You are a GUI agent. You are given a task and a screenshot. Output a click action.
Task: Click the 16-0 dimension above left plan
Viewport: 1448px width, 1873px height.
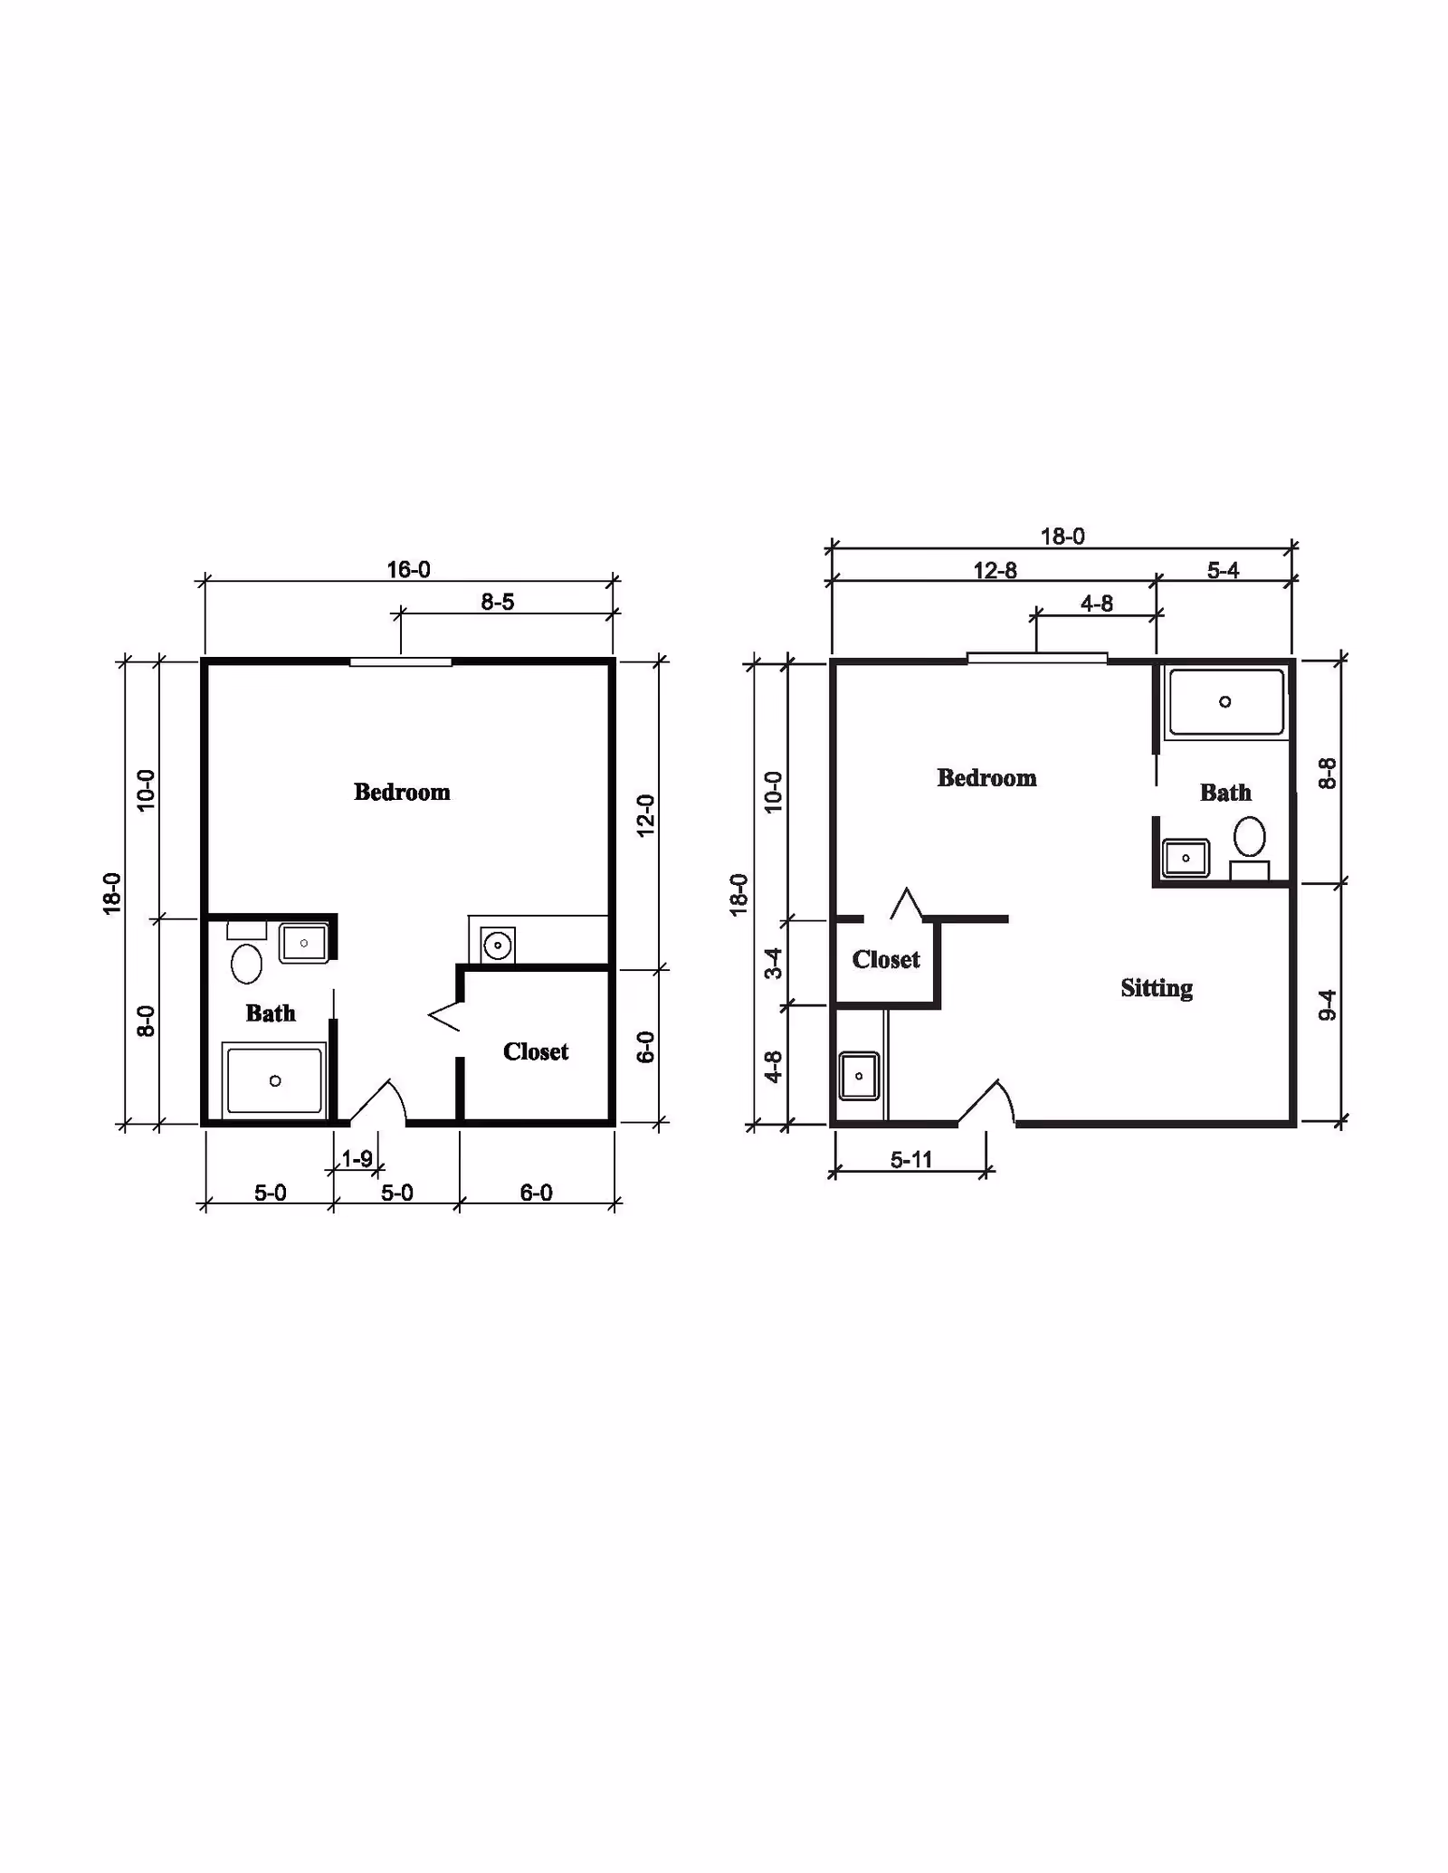point(408,569)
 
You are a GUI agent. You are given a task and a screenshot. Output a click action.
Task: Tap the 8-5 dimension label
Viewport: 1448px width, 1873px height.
point(497,602)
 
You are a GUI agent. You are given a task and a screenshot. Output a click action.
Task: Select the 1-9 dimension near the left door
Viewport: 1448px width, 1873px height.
point(357,1158)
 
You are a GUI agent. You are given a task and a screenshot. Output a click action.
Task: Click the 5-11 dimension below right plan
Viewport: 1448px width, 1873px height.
point(910,1159)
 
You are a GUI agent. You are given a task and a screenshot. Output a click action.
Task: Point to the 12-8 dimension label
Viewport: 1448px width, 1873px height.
point(995,570)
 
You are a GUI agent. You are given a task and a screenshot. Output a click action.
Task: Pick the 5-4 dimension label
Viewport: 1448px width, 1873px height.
point(1223,570)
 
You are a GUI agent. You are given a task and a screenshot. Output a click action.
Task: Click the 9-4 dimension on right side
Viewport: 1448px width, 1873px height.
point(1327,1004)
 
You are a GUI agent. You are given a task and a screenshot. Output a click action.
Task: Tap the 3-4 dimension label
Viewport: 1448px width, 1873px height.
point(773,963)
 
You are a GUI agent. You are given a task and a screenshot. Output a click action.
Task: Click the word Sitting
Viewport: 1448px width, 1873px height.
point(1156,987)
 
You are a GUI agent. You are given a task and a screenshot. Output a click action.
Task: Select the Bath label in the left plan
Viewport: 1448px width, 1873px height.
point(271,1013)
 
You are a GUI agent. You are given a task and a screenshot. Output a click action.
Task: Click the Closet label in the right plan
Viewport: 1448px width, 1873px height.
point(885,959)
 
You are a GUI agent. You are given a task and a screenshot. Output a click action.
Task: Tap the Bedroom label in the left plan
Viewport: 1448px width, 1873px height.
point(402,792)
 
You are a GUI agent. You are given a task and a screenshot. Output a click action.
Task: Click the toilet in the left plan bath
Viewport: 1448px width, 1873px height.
point(246,962)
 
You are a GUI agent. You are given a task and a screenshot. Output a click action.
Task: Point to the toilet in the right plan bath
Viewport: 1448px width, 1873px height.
point(1250,837)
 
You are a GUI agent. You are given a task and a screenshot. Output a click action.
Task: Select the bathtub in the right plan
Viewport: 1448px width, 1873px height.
point(1225,702)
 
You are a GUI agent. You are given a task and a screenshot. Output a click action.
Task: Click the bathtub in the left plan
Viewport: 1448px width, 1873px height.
point(274,1080)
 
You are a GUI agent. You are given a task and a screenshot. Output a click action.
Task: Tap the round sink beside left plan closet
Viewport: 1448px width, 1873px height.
point(497,946)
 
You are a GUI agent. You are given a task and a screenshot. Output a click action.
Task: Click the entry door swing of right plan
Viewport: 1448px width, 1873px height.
point(990,1103)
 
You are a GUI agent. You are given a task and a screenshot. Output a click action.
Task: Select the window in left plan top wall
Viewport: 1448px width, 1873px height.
point(401,663)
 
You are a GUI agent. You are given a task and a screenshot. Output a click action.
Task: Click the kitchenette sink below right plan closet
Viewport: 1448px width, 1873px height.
point(859,1076)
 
